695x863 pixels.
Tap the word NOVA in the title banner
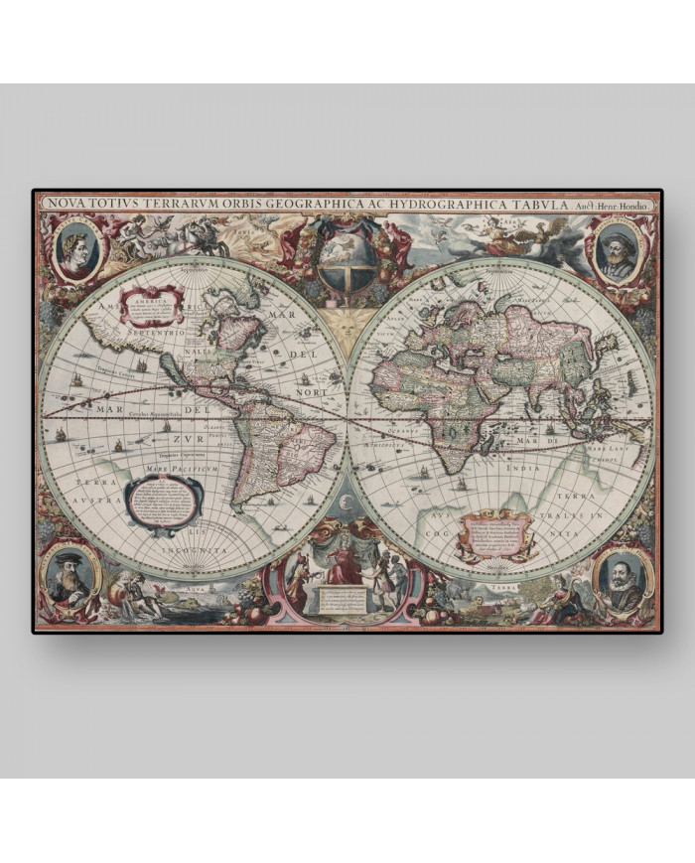(62, 204)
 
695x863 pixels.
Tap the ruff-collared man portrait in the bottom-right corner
(624, 579)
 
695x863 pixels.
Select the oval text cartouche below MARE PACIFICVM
(163, 499)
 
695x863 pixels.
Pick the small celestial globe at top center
(348, 260)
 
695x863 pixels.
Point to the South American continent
(280, 437)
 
